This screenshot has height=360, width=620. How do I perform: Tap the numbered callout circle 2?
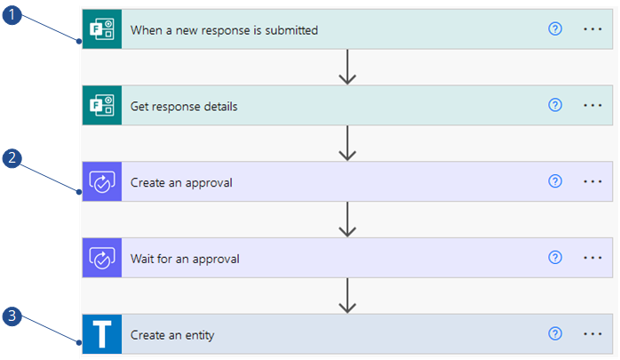(x=12, y=161)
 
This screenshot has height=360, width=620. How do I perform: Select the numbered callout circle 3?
(x=12, y=316)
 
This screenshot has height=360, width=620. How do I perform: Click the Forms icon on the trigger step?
(x=101, y=29)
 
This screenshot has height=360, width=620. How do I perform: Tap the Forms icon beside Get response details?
(x=101, y=106)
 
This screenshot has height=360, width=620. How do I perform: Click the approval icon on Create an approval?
(x=101, y=182)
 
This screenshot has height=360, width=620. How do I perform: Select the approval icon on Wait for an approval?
(x=101, y=259)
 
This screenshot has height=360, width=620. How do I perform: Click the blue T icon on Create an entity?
(x=101, y=335)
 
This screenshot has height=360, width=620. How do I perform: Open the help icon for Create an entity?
(x=555, y=334)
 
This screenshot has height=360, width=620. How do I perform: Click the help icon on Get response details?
(x=555, y=105)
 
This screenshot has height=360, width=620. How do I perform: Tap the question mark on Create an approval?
(x=555, y=181)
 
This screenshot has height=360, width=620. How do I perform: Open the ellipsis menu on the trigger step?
(x=592, y=29)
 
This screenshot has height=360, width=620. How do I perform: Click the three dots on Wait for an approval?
(x=592, y=259)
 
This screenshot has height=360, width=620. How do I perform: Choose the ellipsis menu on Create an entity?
(x=592, y=335)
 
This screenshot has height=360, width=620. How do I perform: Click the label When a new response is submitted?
(x=224, y=30)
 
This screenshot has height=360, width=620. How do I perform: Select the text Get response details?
(x=184, y=107)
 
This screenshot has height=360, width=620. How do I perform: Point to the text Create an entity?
(x=172, y=336)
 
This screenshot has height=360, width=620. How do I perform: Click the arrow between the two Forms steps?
(x=347, y=68)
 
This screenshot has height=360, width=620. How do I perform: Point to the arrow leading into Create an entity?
(x=347, y=297)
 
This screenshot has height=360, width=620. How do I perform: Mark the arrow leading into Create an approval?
(x=347, y=144)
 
